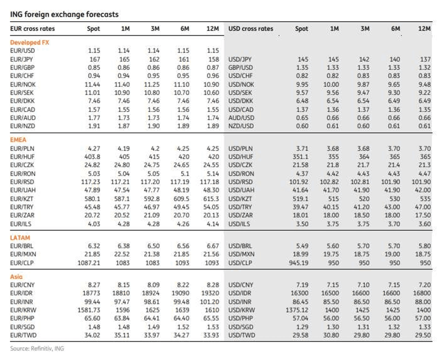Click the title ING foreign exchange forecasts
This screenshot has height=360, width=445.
pos(65,15)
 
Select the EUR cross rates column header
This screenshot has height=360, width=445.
pos(32,29)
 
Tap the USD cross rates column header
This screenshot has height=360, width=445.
pos(251,29)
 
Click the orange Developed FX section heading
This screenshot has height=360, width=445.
pos(30,42)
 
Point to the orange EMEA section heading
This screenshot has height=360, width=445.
pos(18,140)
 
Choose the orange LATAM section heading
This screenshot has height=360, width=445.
pos(20,238)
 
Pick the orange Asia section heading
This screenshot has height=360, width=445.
pos(16,277)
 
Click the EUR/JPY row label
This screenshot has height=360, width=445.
pos(22,59)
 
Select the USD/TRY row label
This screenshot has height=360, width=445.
pos(240,207)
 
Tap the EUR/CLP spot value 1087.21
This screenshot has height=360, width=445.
pos(89,263)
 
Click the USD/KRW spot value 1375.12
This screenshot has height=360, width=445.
pos(297,311)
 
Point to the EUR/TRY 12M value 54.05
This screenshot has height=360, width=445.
pos(211,207)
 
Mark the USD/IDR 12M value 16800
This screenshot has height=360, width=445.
pos(421,293)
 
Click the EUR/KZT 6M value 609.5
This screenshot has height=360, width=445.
pos(181,199)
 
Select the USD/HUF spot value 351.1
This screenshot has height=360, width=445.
pos(300,157)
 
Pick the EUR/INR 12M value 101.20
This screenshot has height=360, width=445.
pos(210,302)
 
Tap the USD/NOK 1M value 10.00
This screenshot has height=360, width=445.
pos(331,85)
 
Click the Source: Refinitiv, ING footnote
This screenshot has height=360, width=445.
pos(37,348)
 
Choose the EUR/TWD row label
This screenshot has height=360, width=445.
pos(23,335)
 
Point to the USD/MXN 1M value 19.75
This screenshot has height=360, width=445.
pos(331,254)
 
